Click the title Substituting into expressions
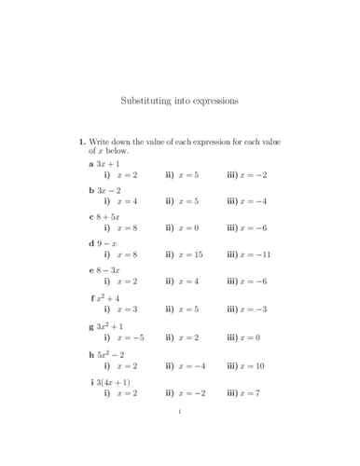click(180, 98)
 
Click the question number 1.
click(81, 141)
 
